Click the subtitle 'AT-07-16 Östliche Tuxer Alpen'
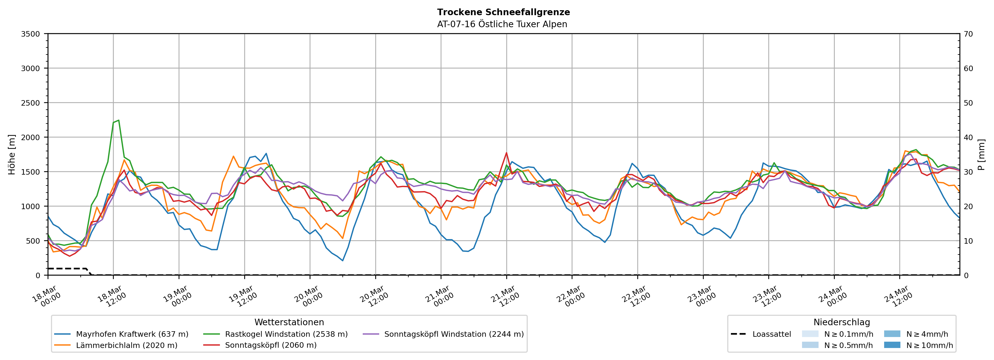coord(502,24)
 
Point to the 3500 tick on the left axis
coord(30,34)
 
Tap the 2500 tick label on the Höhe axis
coord(30,103)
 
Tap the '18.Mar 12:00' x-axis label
coord(112,296)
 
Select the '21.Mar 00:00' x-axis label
coord(440,296)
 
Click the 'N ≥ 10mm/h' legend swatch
coord(892,345)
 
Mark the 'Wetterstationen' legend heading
coord(289,322)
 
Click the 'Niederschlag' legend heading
coord(842,322)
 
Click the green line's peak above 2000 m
coord(118,120)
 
